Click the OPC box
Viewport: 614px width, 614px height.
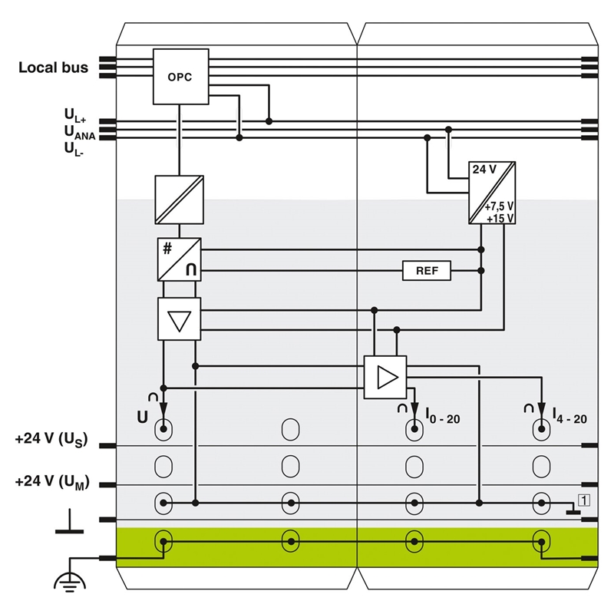(x=181, y=76)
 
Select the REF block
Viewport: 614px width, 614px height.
(x=427, y=270)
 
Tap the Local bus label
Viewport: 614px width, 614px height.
(x=53, y=68)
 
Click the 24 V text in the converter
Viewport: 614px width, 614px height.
(x=484, y=169)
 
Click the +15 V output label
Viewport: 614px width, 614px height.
(x=500, y=218)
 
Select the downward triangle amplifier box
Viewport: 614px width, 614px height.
(x=179, y=319)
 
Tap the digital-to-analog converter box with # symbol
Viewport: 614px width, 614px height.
(x=179, y=259)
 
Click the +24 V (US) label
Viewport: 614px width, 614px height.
(x=51, y=441)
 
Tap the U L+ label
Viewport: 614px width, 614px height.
(x=75, y=116)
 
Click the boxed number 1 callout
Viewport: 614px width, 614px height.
(x=584, y=501)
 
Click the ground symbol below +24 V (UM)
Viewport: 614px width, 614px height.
(x=70, y=523)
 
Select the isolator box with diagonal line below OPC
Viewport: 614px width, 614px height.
(x=179, y=200)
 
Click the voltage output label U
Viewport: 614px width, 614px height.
(x=142, y=418)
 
